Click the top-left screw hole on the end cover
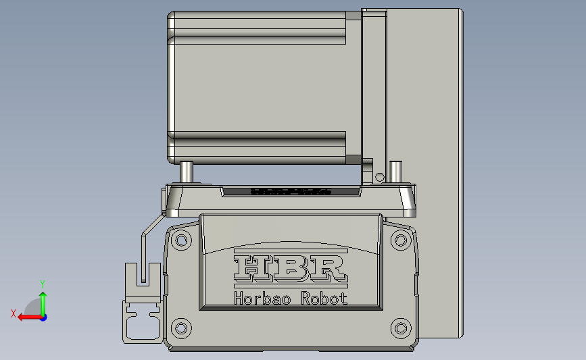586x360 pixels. click(181, 240)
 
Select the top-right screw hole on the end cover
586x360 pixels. click(401, 240)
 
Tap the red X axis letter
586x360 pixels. click(13, 313)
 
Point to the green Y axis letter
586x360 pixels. click(42, 284)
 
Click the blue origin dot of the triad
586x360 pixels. click(43, 317)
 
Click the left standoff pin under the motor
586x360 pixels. click(187, 172)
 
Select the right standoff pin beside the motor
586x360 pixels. click(395, 172)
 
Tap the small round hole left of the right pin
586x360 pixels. click(379, 177)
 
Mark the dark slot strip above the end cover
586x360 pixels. click(291, 192)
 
